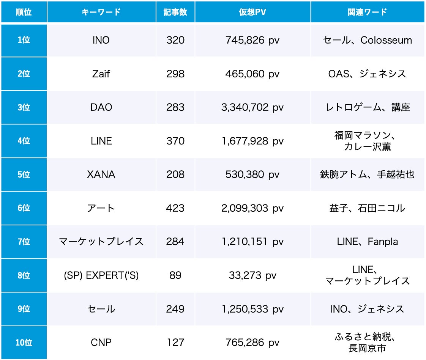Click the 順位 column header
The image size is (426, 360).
24,12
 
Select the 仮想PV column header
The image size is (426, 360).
252,12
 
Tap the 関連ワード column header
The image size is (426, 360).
367,12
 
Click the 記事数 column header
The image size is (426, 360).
175,12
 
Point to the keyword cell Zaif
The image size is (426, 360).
101,74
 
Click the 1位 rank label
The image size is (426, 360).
24,40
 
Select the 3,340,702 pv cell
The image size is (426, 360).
252,107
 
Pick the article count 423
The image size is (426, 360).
175,208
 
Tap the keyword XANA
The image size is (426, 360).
101,174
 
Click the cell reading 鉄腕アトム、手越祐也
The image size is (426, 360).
367,174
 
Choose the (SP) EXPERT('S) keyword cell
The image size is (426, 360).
101,275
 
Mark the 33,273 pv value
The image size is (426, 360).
252,275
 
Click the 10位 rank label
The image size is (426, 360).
24,343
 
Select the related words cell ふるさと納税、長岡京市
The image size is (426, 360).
367,342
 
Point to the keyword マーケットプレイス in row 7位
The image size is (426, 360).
101,242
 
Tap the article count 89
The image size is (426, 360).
175,275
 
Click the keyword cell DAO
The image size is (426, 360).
101,107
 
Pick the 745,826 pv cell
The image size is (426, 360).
252,40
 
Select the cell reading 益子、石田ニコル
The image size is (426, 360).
367,208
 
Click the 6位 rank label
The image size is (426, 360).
24,208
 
